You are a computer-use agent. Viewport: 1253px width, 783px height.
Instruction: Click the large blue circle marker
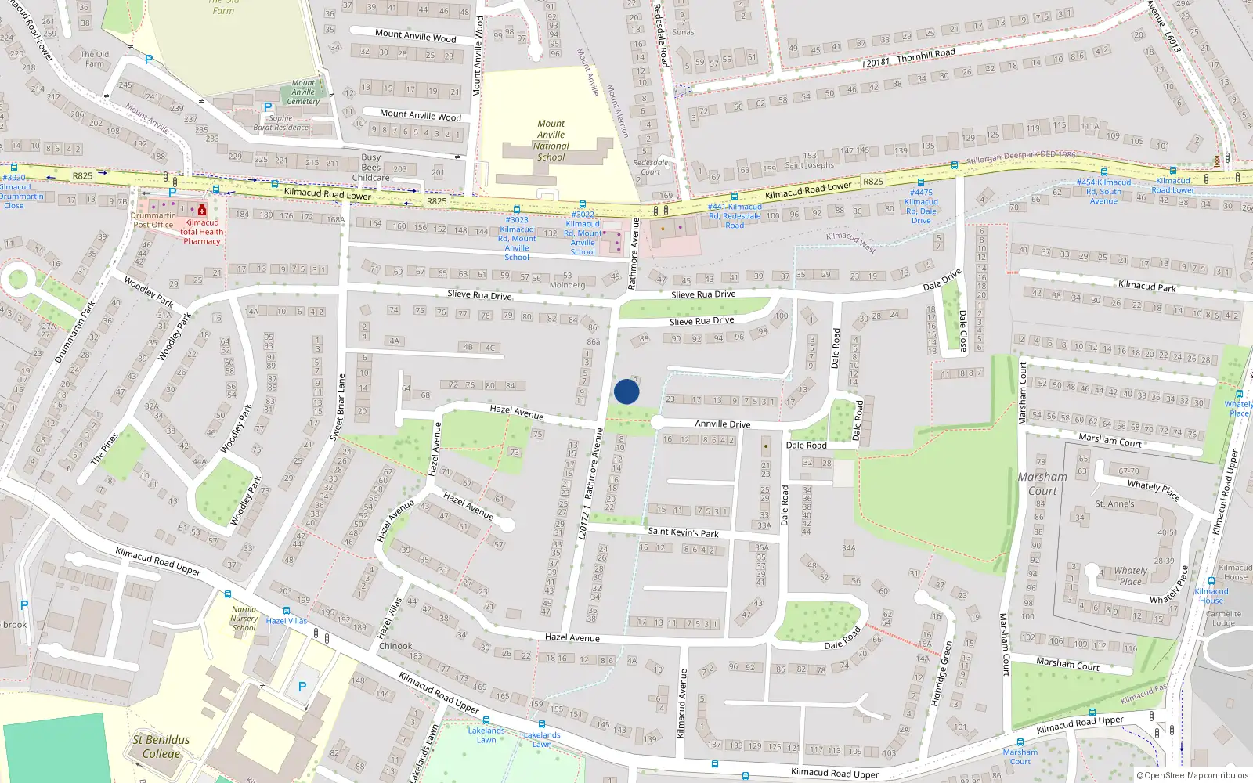tap(626, 391)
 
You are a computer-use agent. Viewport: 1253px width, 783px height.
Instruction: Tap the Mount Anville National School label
tap(551, 140)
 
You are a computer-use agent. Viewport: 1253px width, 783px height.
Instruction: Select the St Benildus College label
tap(161, 746)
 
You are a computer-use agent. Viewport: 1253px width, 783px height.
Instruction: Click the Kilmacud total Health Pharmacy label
tap(201, 232)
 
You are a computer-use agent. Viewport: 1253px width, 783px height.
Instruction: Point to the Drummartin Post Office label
tap(153, 220)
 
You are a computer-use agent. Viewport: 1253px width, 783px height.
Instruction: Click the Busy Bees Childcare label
tap(371, 168)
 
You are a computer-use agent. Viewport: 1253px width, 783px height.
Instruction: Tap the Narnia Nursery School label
tap(244, 618)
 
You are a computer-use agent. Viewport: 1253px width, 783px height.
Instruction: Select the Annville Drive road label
tap(722, 424)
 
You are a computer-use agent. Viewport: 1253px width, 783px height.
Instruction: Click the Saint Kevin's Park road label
tap(683, 532)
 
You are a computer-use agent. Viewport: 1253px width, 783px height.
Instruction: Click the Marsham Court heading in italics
tap(1042, 483)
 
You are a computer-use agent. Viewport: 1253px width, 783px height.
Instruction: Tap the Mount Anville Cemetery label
tap(303, 92)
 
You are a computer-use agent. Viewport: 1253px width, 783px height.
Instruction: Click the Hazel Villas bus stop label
tap(287, 621)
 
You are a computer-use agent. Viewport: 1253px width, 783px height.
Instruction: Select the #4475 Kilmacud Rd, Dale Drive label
tap(921, 206)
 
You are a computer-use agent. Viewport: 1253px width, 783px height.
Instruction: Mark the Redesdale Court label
tap(650, 168)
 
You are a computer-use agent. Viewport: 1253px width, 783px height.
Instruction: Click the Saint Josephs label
tap(810, 164)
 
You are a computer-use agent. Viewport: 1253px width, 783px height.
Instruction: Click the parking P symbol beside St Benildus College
tap(302, 687)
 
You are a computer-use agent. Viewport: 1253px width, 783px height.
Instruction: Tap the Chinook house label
tap(395, 646)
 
